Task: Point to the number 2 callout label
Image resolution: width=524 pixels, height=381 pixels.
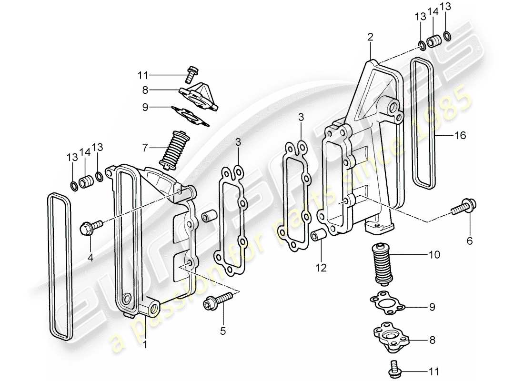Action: [x=370, y=37]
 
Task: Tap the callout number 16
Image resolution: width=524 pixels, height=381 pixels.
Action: [x=460, y=136]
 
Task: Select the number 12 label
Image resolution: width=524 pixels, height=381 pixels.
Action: [x=321, y=269]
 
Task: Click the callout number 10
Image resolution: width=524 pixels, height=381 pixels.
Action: [x=434, y=255]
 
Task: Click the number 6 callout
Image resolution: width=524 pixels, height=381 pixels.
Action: [x=469, y=241]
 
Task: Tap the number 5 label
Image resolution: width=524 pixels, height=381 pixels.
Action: [x=222, y=331]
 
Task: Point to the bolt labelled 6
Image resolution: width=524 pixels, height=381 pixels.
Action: [x=465, y=208]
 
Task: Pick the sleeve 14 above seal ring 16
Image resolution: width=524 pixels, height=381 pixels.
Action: [x=433, y=42]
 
